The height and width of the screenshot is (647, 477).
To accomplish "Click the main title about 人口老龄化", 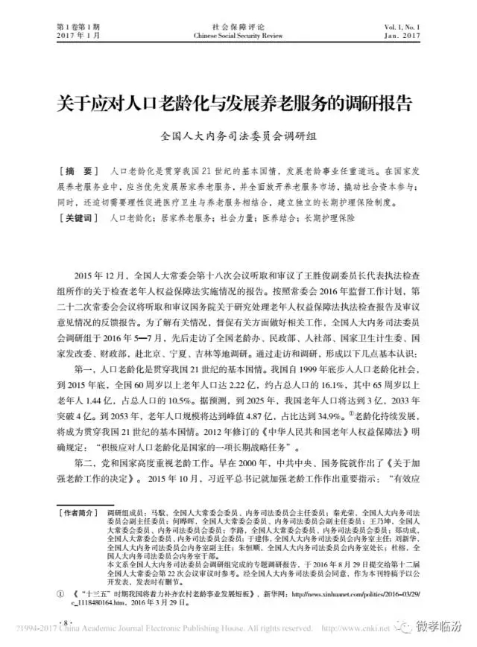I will tap(238, 103).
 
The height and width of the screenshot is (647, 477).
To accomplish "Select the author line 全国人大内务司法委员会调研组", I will tap(238, 137).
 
